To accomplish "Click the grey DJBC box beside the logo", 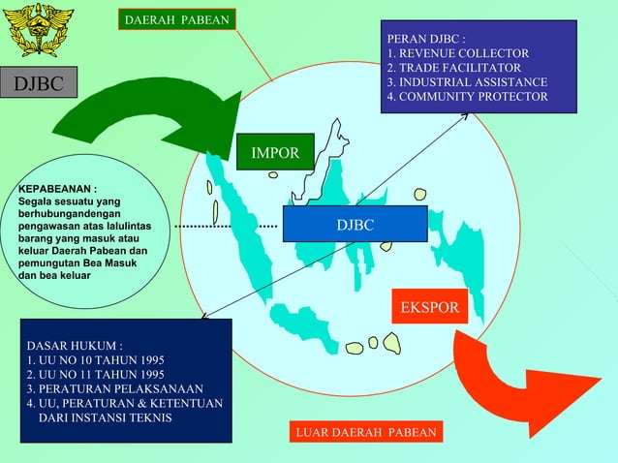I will pyautogui.click(x=40, y=84).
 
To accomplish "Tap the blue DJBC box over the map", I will pyautogui.click(x=355, y=225).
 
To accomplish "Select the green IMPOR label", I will pyautogui.click(x=275, y=153).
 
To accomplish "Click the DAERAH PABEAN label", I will pyautogui.click(x=176, y=19).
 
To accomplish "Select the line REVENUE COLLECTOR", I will pyautogui.click(x=458, y=53).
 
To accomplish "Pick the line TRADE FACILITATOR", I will pyautogui.click(x=454, y=68).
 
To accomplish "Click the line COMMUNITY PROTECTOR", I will pyautogui.click(x=467, y=97).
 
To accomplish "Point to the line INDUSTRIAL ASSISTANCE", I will pyautogui.click(x=467, y=82).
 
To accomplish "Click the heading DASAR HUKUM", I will pyautogui.click(x=75, y=345).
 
